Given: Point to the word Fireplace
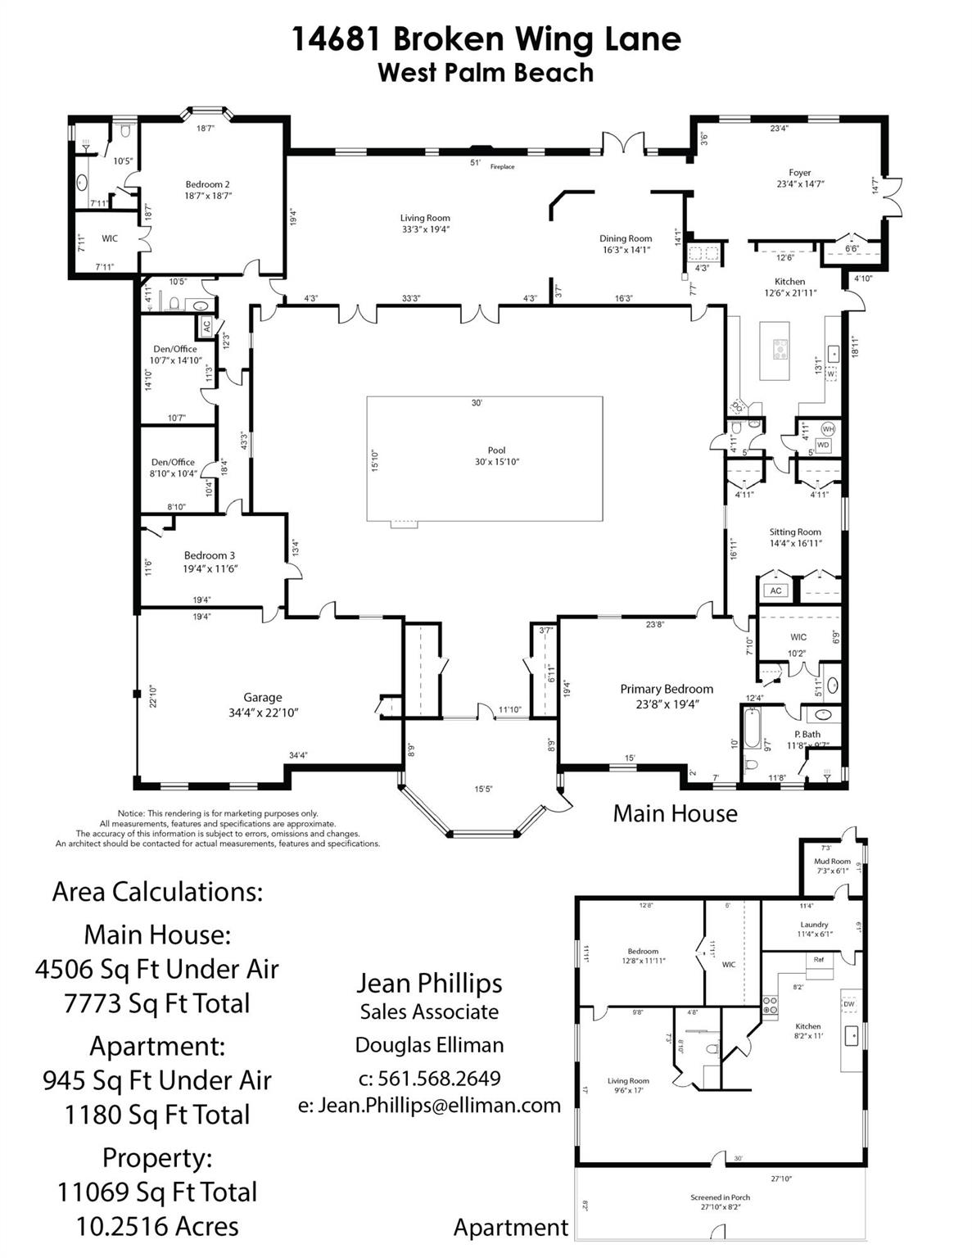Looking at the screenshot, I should click(502, 167).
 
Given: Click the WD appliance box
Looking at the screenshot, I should click(823, 445).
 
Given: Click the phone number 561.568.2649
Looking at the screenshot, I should click(430, 1078).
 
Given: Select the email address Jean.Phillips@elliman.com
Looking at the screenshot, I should click(429, 1105).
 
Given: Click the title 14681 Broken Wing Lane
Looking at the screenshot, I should click(486, 38).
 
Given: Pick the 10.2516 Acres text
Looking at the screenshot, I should click(157, 1226).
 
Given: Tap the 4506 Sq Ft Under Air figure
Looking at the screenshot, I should click(157, 969).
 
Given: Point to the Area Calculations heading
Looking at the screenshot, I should click(157, 891).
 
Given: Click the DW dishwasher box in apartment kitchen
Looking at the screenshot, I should click(848, 1003).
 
